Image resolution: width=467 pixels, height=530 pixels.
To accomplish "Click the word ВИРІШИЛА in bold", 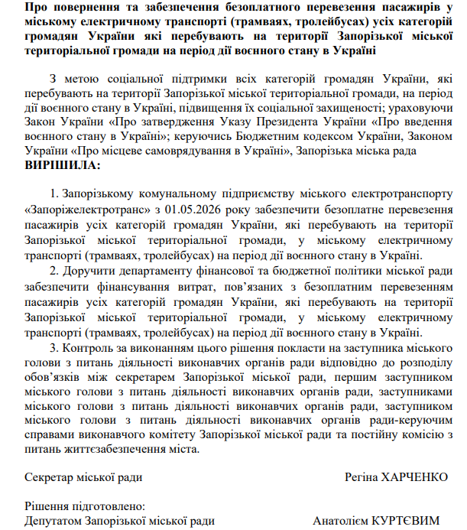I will pyautogui.click(x=62, y=164).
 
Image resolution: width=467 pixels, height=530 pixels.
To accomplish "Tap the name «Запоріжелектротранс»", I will pyautogui.click(x=89, y=209).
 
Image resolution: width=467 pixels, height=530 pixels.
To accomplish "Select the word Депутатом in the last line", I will pyautogui.click(x=54, y=521).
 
